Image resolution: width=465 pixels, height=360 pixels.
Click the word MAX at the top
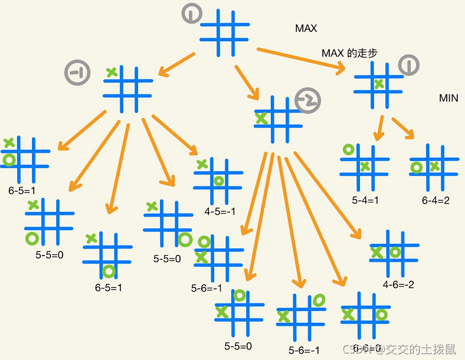click(306, 28)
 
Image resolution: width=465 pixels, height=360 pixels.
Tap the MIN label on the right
click(448, 98)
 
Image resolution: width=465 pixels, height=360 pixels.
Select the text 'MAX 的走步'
click(349, 53)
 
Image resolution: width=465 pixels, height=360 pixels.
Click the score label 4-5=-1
click(220, 211)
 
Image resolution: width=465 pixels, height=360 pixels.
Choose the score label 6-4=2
click(435, 200)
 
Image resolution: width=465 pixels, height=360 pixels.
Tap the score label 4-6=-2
click(398, 284)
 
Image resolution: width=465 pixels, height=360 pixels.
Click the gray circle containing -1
click(77, 73)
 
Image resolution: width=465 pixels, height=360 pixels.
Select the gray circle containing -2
click(307, 102)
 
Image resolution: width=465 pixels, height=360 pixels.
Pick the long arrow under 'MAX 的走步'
click(301, 59)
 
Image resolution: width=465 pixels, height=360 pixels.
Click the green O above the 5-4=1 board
click(348, 150)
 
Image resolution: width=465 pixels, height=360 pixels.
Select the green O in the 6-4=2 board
click(417, 168)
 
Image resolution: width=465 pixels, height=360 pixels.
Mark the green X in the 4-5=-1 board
click(202, 163)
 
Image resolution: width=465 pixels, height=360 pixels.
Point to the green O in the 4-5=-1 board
click(219, 181)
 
